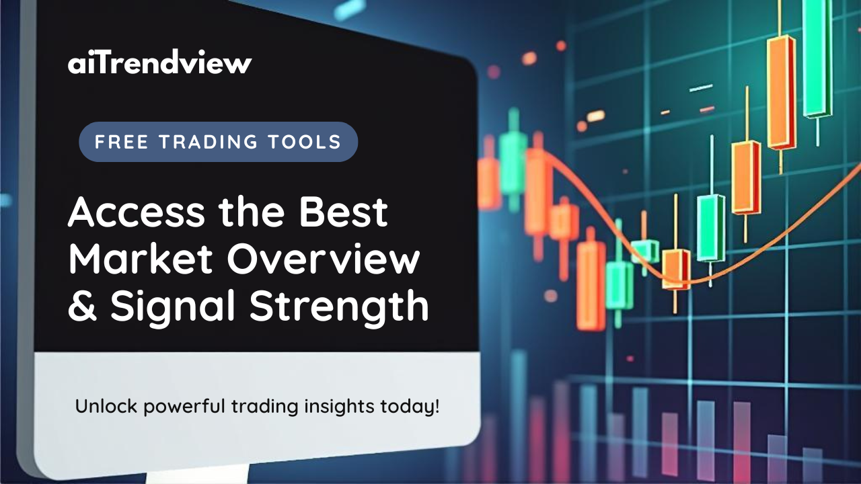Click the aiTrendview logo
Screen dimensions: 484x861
[x=159, y=64]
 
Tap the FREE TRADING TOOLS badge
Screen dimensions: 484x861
[x=218, y=142]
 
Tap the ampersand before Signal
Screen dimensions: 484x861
[x=83, y=307]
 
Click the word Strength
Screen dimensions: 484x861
[x=340, y=307]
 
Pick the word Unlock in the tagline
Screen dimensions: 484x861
[x=99, y=407]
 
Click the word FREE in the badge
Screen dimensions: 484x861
[x=118, y=142]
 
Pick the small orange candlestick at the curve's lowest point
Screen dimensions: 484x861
[x=675, y=269]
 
